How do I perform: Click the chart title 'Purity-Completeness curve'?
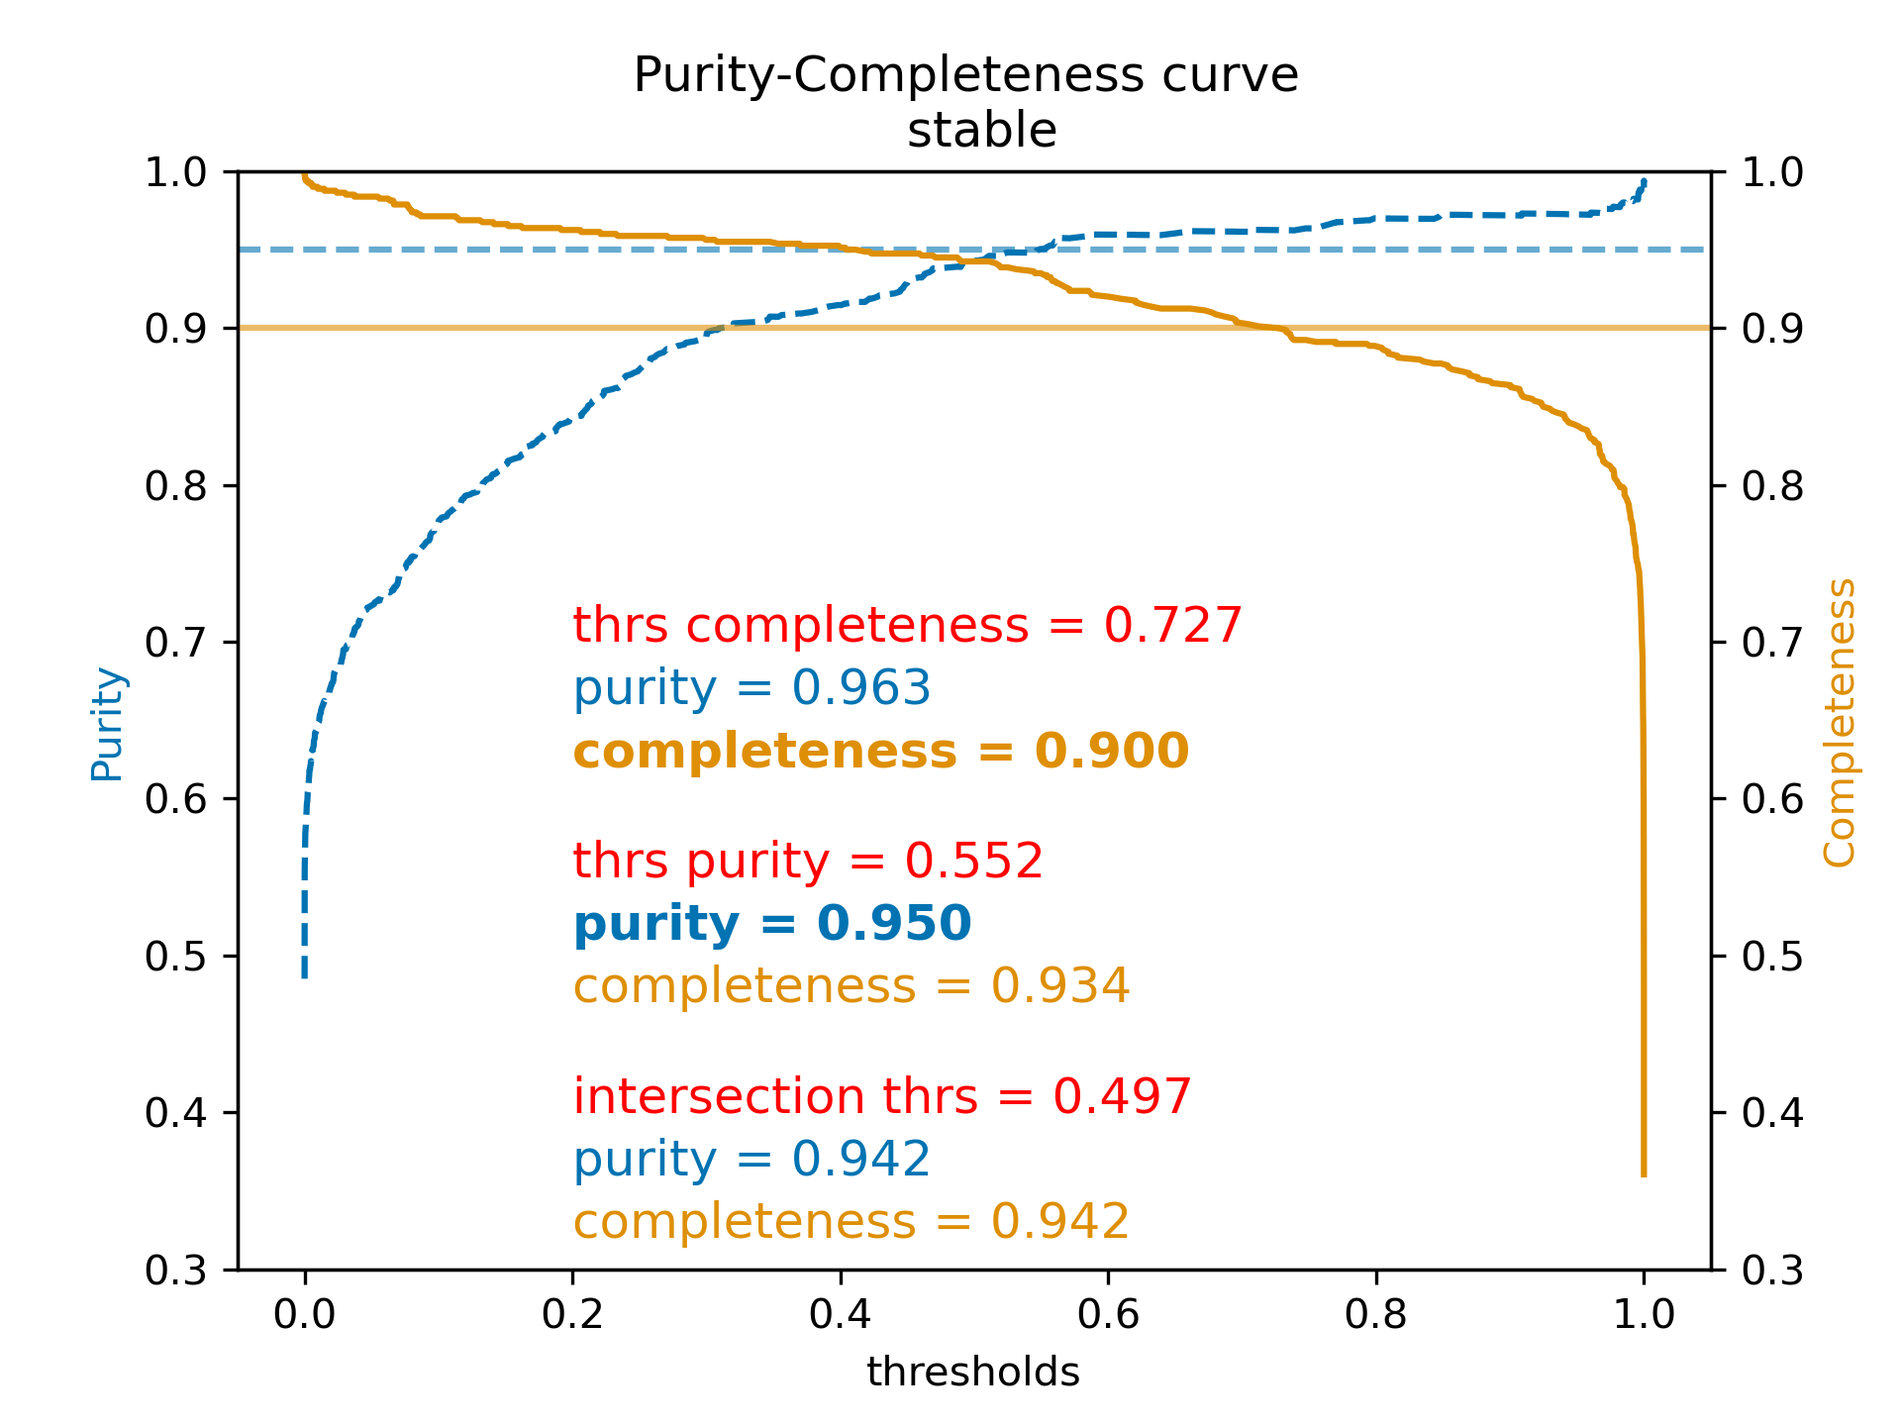[965, 76]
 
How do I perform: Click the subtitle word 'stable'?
[981, 131]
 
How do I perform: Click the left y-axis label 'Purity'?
[107, 725]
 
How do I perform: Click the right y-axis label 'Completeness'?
[1839, 723]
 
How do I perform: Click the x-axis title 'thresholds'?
[972, 1373]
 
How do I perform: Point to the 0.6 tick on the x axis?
[1108, 1314]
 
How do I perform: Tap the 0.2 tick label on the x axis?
[572, 1314]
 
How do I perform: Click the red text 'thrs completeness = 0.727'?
[907, 626]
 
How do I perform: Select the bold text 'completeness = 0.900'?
[880, 752]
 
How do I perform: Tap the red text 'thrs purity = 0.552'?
[808, 861]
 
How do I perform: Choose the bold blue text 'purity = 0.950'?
[772, 924]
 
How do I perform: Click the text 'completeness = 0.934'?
[851, 986]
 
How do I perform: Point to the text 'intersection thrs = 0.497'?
[882, 1097]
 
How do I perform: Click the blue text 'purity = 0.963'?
[751, 688]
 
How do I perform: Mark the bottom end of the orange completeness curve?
[1644, 1174]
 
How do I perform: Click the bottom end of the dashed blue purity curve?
[304, 976]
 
